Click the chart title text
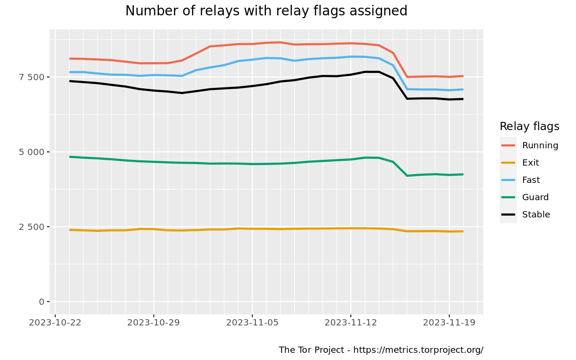[266, 11]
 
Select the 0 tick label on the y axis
[42, 302]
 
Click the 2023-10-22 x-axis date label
[55, 323]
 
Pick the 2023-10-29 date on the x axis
[154, 323]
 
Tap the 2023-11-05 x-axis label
[252, 323]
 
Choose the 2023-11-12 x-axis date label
[350, 323]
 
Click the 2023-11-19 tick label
[449, 323]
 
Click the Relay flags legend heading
[529, 127]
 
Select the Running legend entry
[540, 145]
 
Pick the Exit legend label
[530, 163]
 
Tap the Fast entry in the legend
[531, 180]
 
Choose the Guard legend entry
[535, 197]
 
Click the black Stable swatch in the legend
[508, 215]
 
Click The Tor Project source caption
[381, 350]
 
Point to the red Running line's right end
[463, 76]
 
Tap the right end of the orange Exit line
[463, 231]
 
